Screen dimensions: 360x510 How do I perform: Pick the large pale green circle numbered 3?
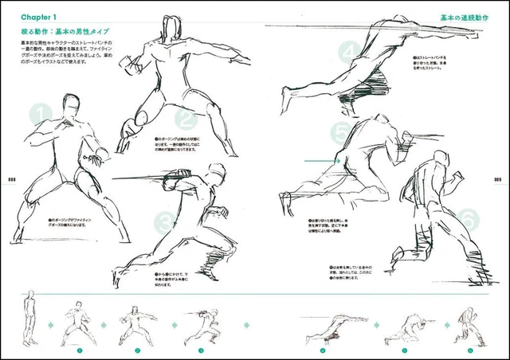click(x=166, y=219)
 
